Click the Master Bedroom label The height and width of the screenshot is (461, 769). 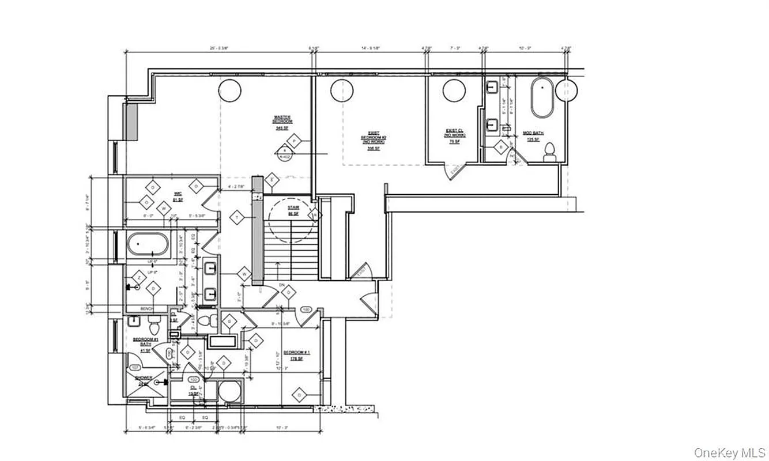click(282, 122)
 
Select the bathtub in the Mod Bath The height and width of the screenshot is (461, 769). click(542, 99)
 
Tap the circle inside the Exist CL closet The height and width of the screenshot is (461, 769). click(454, 90)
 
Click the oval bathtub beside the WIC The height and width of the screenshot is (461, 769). click(148, 245)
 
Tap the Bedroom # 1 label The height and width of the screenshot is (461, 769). click(297, 354)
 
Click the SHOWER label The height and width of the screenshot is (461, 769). click(144, 380)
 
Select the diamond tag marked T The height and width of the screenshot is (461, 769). click(236, 217)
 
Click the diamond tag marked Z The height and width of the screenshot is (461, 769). click(139, 277)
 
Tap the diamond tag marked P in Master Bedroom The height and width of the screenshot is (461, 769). click(295, 141)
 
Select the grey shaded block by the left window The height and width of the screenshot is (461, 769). click(131, 122)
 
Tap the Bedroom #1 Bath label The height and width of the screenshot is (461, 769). click(142, 342)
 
